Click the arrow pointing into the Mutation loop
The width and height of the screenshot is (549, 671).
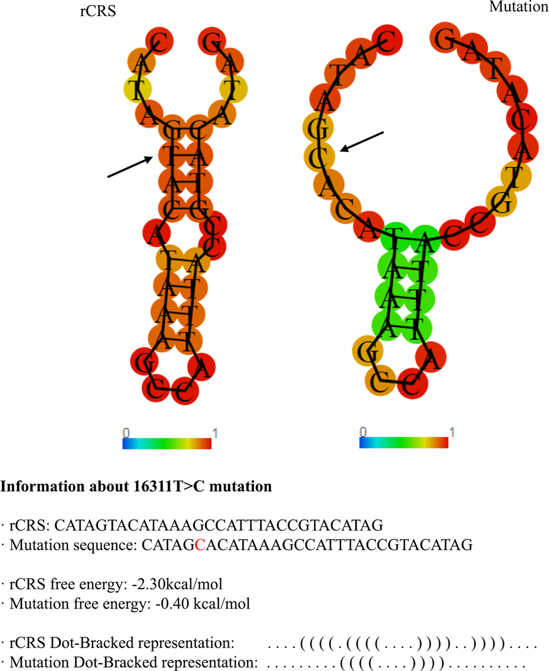tap(363, 141)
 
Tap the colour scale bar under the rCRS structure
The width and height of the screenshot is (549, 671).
tap(167, 443)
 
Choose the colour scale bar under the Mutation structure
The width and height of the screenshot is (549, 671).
tap(404, 443)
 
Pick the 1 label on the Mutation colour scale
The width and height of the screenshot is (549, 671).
tap(452, 432)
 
